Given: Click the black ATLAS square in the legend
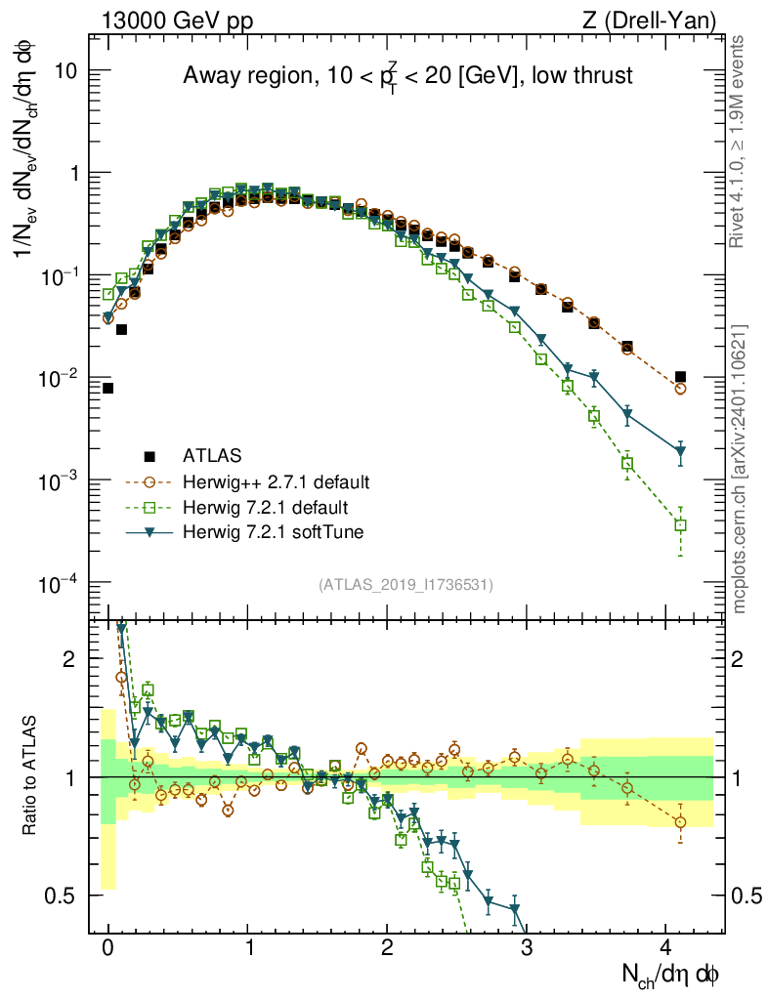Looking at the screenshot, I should click(149, 455).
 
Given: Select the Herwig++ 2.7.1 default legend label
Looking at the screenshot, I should click(277, 481).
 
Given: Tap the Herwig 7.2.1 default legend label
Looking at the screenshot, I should click(265, 508).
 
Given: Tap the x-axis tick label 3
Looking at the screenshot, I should click(526, 948).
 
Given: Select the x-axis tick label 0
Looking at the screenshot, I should click(107, 948).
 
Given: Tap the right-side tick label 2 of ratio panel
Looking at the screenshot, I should click(743, 659).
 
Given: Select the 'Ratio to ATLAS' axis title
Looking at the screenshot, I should click(32, 776).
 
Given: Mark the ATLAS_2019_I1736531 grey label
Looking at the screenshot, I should click(405, 585).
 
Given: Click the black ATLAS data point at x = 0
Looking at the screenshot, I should click(107, 388).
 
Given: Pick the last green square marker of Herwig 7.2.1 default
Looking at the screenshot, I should click(680, 525).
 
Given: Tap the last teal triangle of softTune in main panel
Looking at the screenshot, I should click(680, 451).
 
